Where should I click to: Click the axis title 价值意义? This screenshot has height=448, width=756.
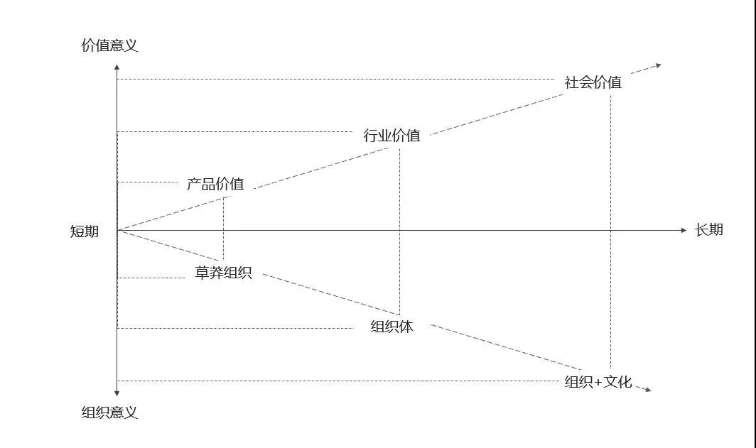109,46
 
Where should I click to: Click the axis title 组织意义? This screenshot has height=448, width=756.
109,413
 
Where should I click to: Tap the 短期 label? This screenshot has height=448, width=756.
85,231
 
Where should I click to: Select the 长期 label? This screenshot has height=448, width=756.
708,230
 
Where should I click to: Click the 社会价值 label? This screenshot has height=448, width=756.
593,82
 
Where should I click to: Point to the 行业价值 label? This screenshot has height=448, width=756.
391,135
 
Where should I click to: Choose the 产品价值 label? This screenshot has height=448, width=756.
215,184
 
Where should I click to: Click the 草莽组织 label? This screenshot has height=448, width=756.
223,273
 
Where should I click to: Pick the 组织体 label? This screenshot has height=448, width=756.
391,327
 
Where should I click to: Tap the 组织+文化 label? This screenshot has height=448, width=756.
598,382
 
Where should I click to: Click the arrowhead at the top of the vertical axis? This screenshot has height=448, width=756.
117,67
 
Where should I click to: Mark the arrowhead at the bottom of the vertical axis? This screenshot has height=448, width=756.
117,393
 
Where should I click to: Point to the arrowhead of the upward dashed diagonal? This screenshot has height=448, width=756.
657,65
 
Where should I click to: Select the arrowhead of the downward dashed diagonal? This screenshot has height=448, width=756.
646,388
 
